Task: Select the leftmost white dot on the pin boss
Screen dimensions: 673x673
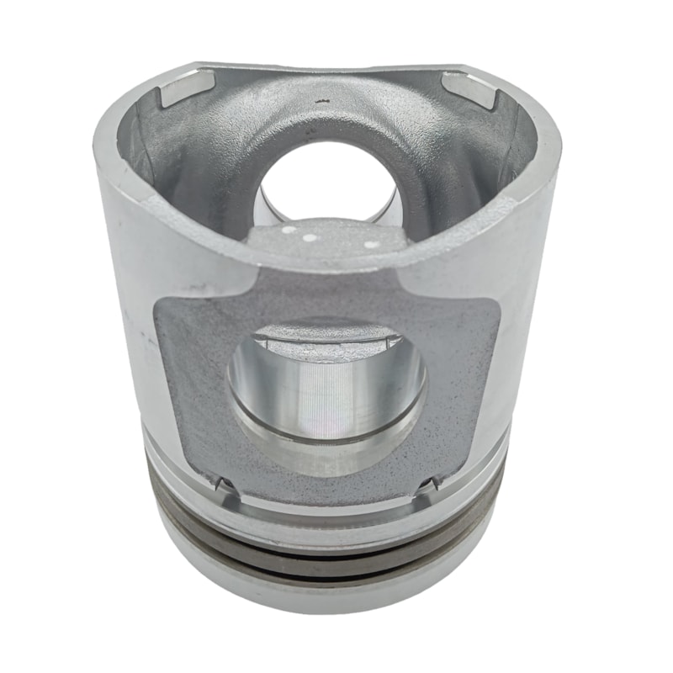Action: [x=287, y=229]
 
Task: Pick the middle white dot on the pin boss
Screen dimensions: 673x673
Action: [x=310, y=237]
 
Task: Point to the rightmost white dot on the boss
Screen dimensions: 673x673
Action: [x=368, y=245]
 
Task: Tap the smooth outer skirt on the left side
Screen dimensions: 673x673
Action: [x=126, y=320]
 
